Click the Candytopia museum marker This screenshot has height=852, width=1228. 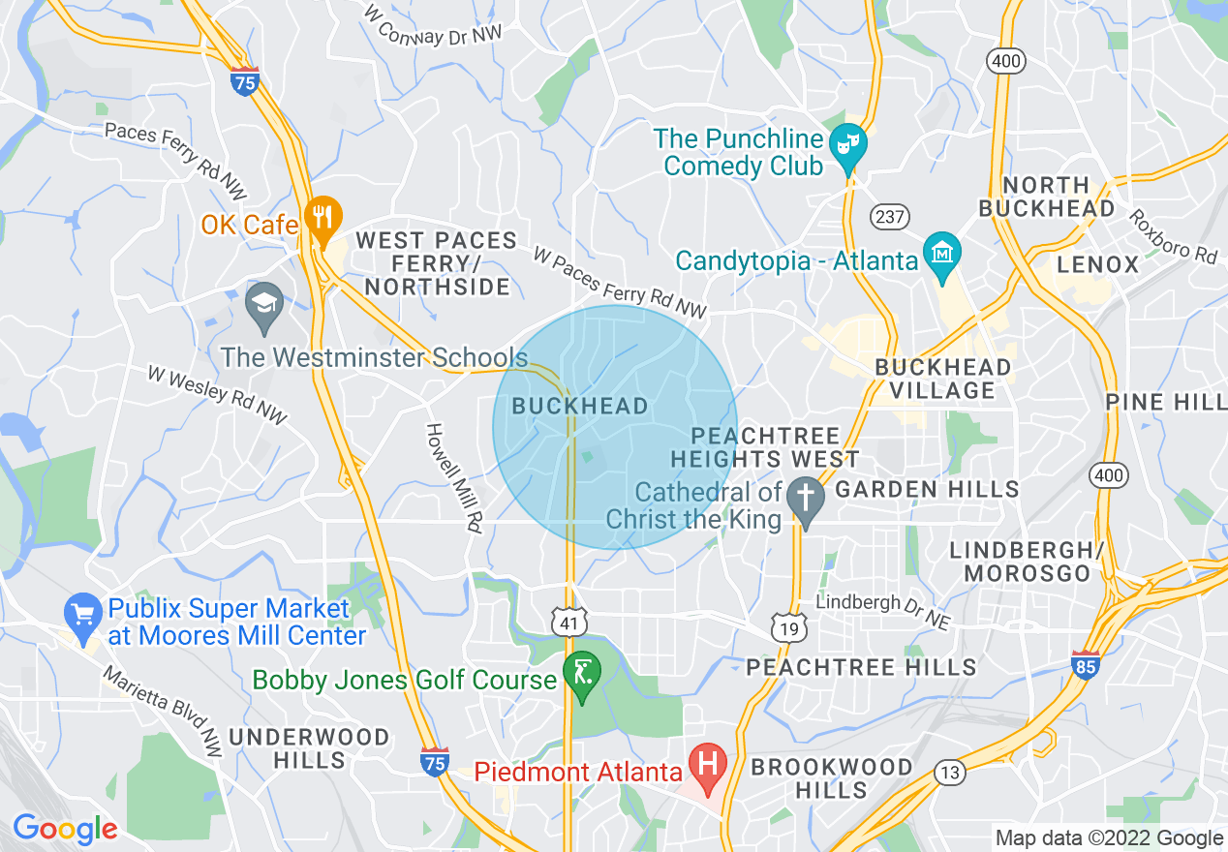941,253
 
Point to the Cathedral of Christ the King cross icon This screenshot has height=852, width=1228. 805,500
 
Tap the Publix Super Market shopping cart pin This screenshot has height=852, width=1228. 82,615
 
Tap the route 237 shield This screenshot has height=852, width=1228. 887,217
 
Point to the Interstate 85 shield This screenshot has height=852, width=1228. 1085,666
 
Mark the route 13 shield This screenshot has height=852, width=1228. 950,772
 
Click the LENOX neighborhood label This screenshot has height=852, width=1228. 1097,264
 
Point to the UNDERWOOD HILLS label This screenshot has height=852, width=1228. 309,748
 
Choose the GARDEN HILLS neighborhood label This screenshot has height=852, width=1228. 927,490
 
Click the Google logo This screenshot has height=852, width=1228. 64,829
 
